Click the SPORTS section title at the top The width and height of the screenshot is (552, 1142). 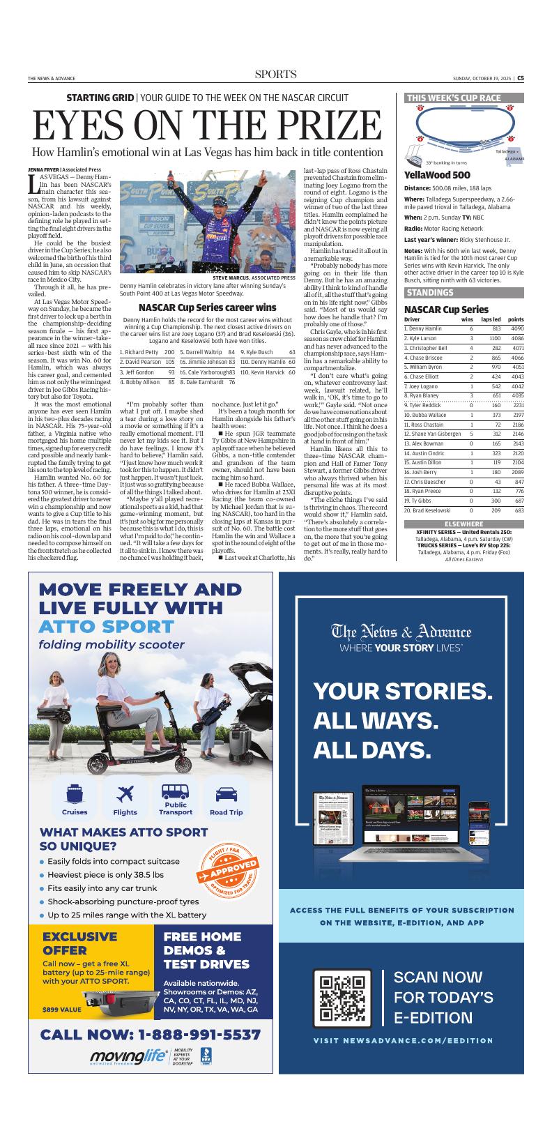pyautogui.click(x=275, y=75)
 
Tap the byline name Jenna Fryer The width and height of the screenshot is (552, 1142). pyautogui.click(x=43, y=169)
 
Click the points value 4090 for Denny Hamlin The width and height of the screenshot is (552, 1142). pyautogui.click(x=516, y=328)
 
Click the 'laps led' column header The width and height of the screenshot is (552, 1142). pyautogui.click(x=491, y=319)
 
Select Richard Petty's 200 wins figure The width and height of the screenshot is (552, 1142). pyautogui.click(x=169, y=353)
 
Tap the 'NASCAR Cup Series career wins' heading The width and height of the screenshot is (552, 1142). pyautogui.click(x=207, y=307)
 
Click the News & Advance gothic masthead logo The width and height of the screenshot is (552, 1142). pyautogui.click(x=401, y=632)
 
